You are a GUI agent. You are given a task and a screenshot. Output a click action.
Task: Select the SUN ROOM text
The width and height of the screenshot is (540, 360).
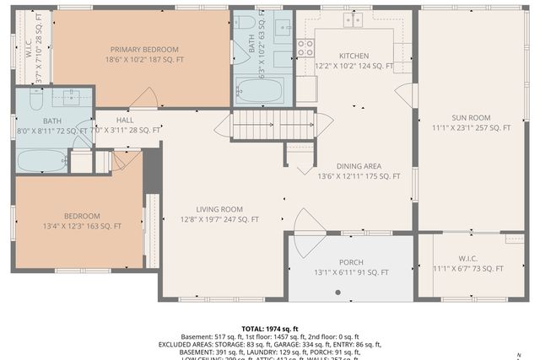471,117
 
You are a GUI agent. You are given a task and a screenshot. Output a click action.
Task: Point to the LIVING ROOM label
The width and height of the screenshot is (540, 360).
219,209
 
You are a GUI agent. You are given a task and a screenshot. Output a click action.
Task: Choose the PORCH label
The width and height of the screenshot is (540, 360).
351,262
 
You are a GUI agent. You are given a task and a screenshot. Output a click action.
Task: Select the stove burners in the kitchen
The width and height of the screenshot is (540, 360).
305,46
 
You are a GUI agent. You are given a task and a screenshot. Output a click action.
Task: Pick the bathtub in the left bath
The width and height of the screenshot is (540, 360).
42,159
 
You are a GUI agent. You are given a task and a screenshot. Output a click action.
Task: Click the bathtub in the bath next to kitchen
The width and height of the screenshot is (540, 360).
262,89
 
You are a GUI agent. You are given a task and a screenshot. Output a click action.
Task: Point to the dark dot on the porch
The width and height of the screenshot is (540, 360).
337,293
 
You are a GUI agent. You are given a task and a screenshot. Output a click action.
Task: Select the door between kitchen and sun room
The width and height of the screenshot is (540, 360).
407,95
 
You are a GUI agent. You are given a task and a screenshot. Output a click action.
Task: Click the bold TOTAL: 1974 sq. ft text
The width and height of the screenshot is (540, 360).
270,329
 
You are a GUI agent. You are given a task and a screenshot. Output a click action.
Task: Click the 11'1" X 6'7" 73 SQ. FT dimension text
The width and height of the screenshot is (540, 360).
467,269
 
